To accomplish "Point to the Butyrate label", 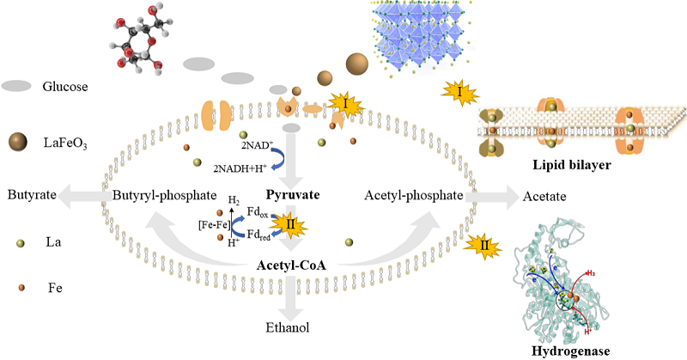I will pyautogui.click(x=33, y=195).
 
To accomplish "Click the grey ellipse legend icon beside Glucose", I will pyautogui.click(x=17, y=86).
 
